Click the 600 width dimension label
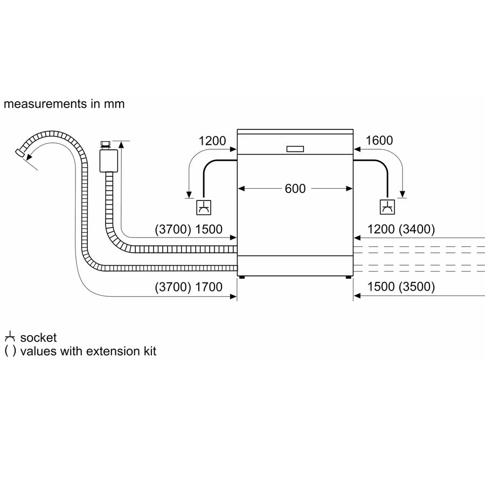tap(295, 189)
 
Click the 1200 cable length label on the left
tap(212, 141)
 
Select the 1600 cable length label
tap(379, 141)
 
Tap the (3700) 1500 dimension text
tap(189, 230)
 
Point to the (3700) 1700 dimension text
tap(189, 287)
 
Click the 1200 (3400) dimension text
tap(401, 230)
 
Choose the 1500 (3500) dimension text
tap(401, 287)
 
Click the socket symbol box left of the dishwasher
tap(204, 207)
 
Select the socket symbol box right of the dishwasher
tap(387, 207)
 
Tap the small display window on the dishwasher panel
tap(295, 149)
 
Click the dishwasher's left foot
tap(241, 278)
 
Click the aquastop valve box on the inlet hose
tap(109, 160)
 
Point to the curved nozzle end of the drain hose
tap(20, 154)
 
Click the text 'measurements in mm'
tap(64, 104)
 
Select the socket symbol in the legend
tap(10, 338)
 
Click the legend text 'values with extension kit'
tap(88, 351)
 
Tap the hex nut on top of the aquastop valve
tap(106, 144)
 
